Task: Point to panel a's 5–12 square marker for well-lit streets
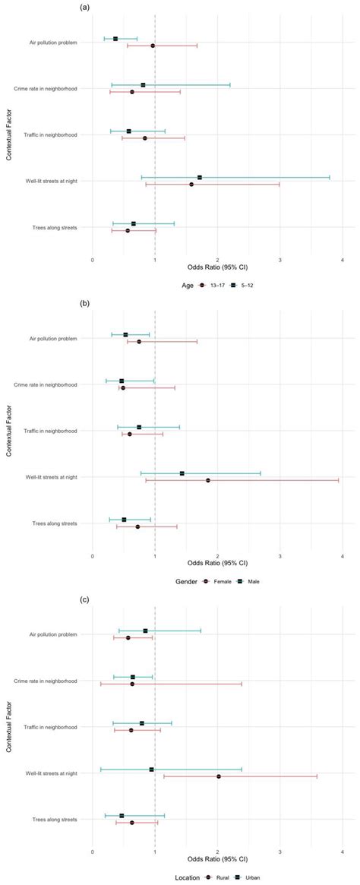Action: (200, 177)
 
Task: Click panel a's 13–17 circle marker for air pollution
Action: (153, 46)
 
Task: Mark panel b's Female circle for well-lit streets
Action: (207, 480)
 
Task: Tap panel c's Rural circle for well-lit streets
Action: (218, 776)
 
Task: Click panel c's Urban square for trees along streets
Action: (122, 816)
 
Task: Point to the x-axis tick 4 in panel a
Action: (343, 260)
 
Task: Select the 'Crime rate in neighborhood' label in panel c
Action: (46, 681)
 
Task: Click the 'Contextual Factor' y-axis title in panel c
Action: (10, 726)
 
